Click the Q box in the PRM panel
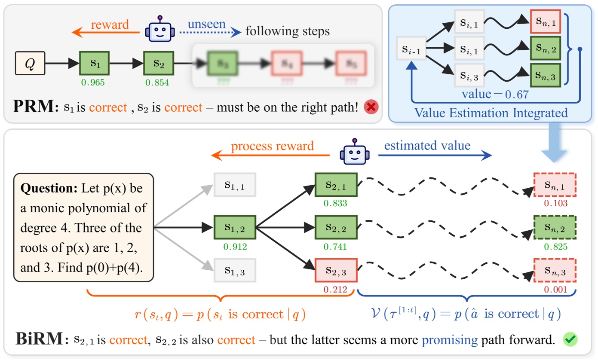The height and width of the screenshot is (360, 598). point(30,64)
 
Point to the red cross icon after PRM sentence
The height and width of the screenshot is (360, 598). point(371,107)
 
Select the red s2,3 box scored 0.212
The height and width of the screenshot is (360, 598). point(336,270)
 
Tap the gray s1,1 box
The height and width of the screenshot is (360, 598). point(235,185)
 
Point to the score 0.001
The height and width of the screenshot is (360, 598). point(555,289)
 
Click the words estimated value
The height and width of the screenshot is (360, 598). point(427,145)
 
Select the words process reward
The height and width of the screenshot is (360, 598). point(273,146)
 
